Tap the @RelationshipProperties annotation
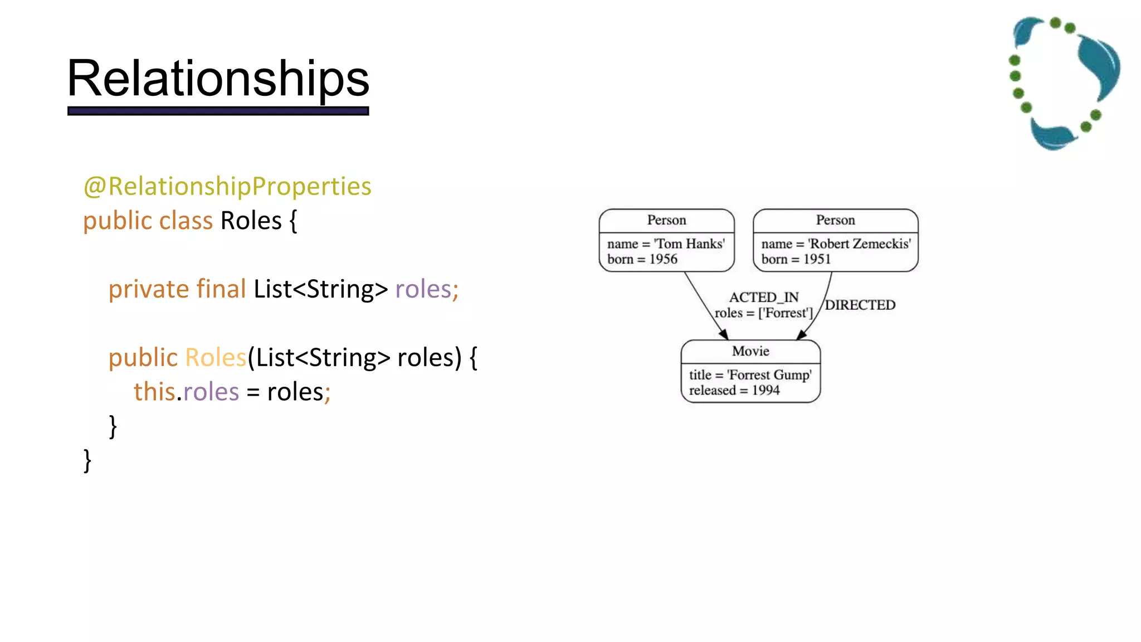coord(227,186)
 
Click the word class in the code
coord(186,221)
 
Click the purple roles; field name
coord(426,289)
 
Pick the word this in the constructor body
coord(154,392)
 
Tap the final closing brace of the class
coord(87,461)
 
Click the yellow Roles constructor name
coord(215,358)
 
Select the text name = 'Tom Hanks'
coord(666,244)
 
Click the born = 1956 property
coord(642,259)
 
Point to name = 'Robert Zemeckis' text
coord(836,244)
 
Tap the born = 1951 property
coord(796,259)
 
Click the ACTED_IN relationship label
coord(764,297)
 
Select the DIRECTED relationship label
coord(860,305)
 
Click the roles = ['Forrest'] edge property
coord(763,313)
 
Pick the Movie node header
coord(750,351)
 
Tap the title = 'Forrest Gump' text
coord(750,375)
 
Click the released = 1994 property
coord(734,391)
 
